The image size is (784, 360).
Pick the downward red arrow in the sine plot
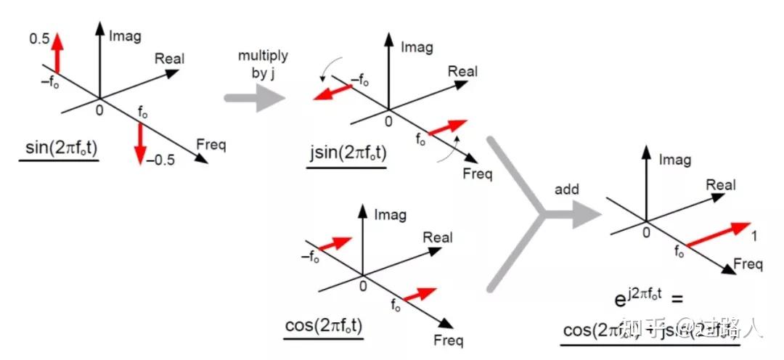pyautogui.click(x=140, y=142)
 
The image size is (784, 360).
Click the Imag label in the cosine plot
pyautogui.click(x=390, y=215)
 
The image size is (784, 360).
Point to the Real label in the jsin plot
pyautogui.click(x=462, y=71)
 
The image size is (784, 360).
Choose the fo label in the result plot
pyautogui.click(x=679, y=253)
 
